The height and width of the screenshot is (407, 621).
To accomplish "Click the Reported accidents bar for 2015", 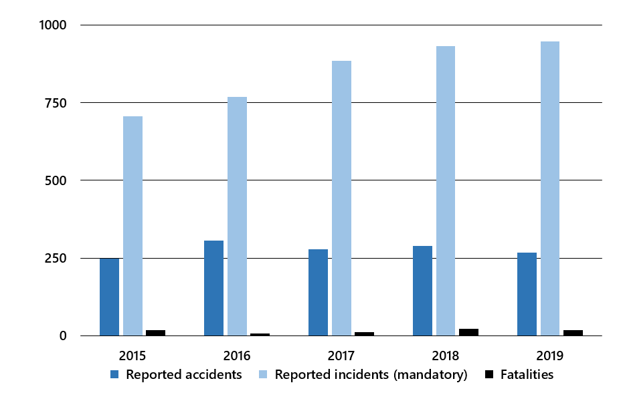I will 109,297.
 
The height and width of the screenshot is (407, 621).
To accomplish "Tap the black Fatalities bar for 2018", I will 468,332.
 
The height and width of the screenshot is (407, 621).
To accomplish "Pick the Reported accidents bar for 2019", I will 527,294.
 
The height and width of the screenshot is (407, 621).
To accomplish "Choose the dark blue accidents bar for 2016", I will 213,288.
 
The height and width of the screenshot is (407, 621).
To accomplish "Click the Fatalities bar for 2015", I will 155,333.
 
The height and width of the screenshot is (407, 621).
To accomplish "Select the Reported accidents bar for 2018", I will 422,291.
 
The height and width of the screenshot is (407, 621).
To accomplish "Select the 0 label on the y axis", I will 63,335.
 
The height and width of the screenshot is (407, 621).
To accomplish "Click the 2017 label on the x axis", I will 341,354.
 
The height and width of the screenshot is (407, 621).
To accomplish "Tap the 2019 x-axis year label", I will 550,354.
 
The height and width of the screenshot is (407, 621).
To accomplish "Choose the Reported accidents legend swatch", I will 114,375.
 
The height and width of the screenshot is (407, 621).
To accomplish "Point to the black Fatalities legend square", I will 489,375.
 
